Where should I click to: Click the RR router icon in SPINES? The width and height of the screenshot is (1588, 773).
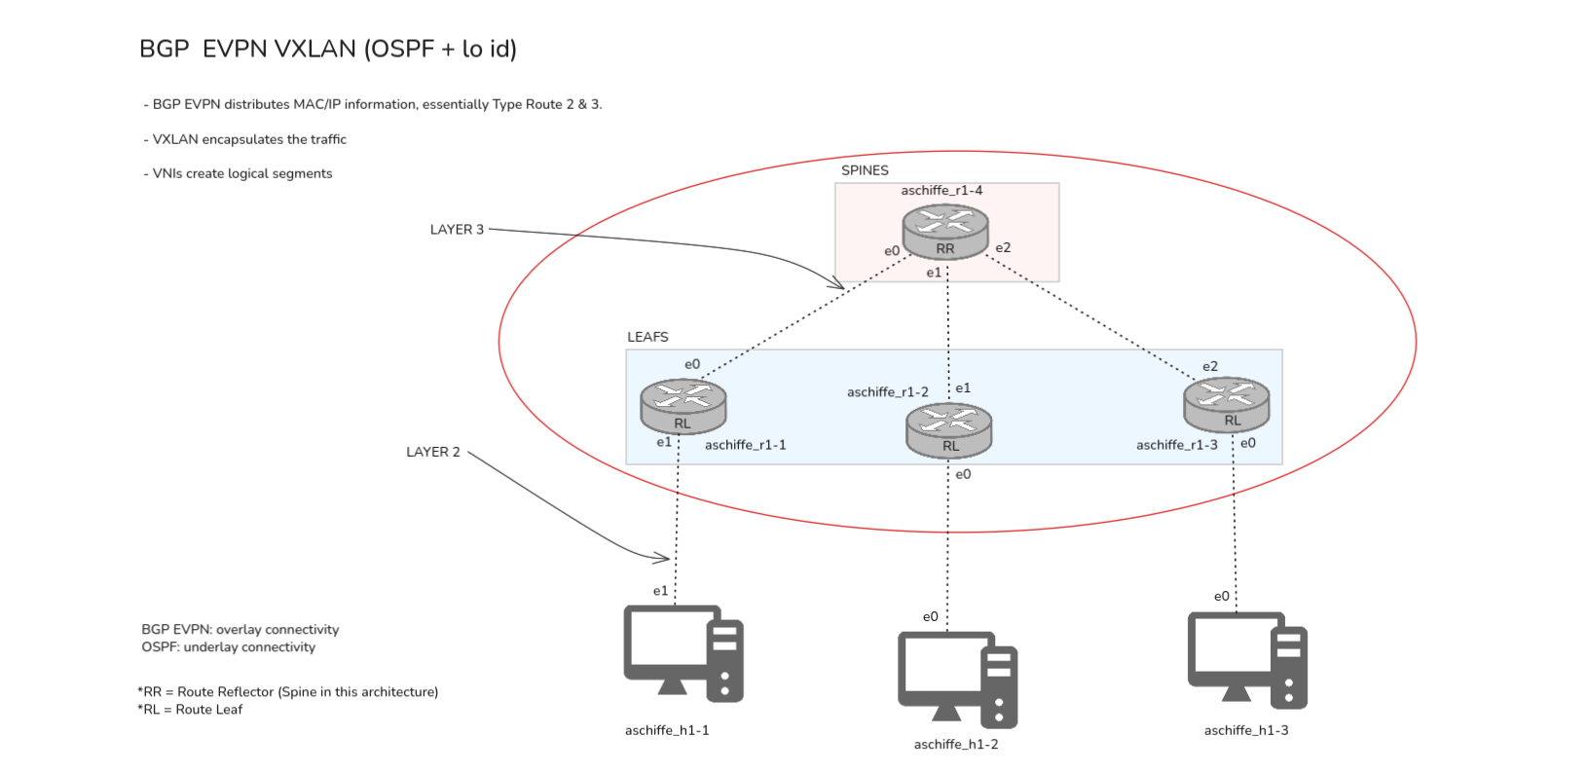pos(945,232)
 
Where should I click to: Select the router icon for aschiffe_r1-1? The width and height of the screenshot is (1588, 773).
pos(683,406)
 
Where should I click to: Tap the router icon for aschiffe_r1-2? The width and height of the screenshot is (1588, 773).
pos(948,430)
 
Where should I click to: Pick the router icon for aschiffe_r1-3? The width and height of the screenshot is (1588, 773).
pos(1226,404)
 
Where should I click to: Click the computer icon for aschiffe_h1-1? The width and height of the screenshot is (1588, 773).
pos(683,653)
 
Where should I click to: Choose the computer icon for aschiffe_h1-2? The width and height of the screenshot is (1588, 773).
pos(957,680)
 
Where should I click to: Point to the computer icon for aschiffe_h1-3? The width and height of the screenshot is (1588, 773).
pos(1246,659)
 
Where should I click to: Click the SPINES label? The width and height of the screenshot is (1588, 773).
pos(865,170)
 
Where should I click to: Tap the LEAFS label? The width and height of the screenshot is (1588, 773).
pos(647,337)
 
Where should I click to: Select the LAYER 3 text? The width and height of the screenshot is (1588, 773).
pos(457,230)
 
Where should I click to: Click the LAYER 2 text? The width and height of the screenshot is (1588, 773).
pos(433,452)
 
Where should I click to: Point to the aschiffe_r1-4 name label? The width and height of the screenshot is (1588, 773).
pos(942,191)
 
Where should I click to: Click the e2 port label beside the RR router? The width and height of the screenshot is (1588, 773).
pos(1003,248)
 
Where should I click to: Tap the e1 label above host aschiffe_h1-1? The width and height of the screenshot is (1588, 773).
pos(660,591)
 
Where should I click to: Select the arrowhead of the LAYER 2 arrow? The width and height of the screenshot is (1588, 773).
pos(666,558)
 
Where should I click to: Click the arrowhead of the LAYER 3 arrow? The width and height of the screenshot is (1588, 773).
pos(839,285)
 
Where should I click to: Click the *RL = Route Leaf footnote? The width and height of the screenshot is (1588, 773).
pos(190,710)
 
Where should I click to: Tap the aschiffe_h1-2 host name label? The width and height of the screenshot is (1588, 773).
pos(956,745)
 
